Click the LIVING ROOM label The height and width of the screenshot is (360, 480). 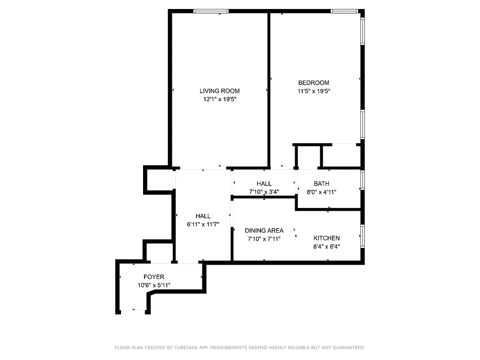click(220, 91)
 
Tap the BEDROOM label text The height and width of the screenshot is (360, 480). click(314, 83)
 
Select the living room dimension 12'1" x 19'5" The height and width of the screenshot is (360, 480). click(220, 99)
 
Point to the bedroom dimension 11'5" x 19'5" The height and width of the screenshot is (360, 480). click(314, 91)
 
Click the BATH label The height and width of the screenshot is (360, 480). click(321, 184)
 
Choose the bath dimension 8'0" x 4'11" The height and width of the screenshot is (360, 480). click(321, 192)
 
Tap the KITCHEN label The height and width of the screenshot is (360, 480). click(327, 238)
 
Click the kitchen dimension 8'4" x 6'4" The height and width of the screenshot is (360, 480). click(327, 246)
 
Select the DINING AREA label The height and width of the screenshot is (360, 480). click(264, 230)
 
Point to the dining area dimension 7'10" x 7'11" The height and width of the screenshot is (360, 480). click(264, 239)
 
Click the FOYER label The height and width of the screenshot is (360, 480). click(154, 277)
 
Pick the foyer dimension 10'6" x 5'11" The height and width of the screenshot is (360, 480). click(154, 285)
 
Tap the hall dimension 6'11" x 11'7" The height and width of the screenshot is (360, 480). click(203, 224)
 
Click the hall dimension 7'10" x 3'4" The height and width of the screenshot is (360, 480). click(264, 192)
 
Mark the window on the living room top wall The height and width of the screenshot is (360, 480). click(211, 11)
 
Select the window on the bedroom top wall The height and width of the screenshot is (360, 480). click(344, 11)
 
